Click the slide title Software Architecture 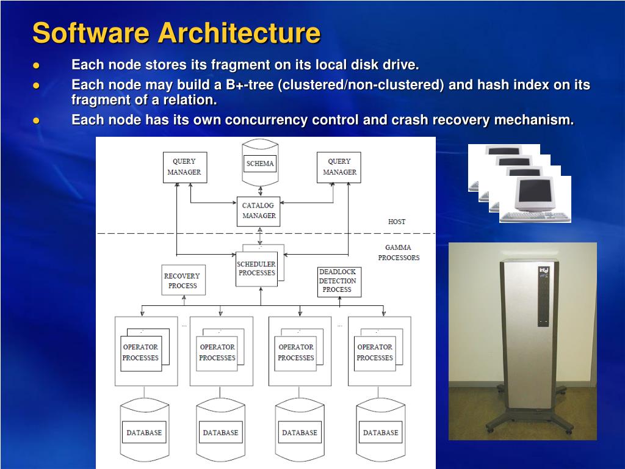176,32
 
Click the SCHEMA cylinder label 260,164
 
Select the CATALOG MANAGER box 259,211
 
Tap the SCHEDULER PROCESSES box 256,269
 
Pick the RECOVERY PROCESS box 183,280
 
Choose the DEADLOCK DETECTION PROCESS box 339,282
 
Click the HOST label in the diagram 397,222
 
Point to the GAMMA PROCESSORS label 399,253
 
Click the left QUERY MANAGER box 184,167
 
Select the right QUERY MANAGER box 339,167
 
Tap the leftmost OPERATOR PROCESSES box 140,352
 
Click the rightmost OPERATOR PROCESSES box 375,352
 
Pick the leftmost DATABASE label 144,432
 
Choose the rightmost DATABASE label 380,432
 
